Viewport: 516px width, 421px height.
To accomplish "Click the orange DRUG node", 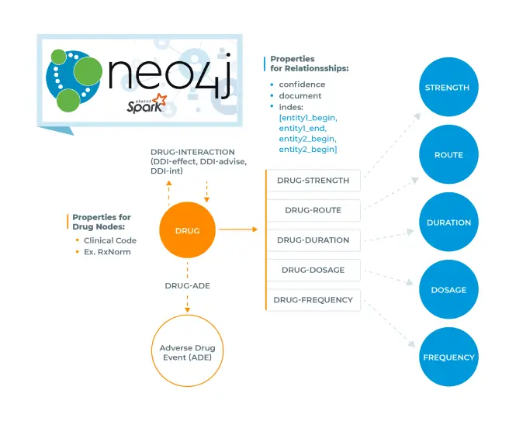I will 188,230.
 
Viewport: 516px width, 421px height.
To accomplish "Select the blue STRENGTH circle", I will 447,88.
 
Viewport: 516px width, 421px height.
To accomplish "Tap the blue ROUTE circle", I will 448,155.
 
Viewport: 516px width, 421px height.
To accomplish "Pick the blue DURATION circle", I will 448,223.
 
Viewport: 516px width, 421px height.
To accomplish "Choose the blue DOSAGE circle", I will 448,290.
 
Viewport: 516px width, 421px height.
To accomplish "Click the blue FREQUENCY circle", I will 448,357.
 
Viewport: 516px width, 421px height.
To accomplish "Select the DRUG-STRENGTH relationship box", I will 313,181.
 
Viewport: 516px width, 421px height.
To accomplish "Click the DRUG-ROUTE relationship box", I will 313,210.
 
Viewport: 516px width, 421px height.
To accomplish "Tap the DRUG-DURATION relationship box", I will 313,240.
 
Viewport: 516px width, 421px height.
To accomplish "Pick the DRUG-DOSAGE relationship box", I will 313,270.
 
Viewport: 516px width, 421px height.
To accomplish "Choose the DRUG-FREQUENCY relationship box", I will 313,299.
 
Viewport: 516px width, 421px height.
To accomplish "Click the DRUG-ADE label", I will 187,285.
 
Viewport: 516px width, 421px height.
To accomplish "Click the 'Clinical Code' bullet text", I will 110,240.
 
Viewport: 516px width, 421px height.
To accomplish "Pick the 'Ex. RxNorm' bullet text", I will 106,251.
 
